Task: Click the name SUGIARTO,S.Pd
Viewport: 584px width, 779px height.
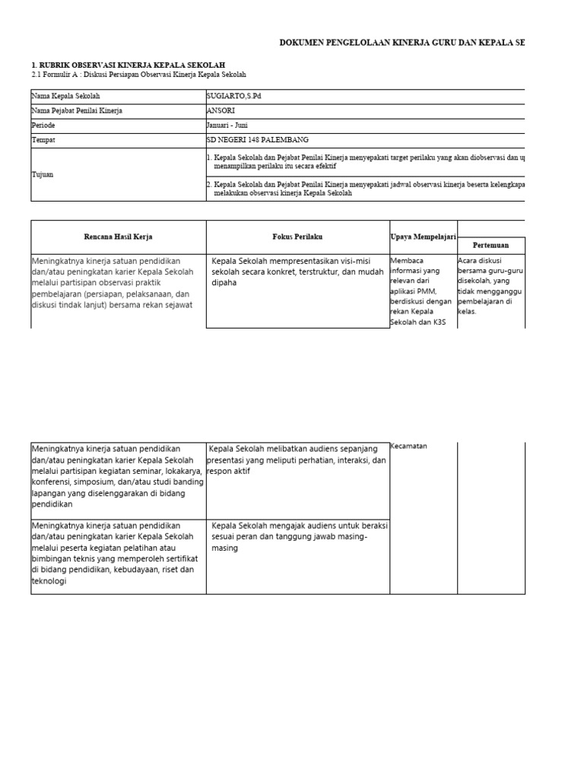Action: click(x=239, y=97)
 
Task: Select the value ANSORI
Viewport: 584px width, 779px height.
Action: click(x=221, y=111)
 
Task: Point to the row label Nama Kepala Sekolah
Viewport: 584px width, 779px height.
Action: click(x=66, y=97)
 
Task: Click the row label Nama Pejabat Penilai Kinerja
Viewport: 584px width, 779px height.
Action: click(x=77, y=111)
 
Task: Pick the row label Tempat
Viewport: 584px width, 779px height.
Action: click(x=44, y=140)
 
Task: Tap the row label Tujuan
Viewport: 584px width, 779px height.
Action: click(x=43, y=174)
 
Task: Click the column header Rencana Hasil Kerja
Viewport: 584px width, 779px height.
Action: click(x=118, y=237)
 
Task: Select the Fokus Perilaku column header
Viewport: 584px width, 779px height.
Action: click(x=297, y=237)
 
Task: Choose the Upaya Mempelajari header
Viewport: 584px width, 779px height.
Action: click(x=424, y=237)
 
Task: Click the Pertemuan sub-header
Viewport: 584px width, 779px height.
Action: click(x=490, y=246)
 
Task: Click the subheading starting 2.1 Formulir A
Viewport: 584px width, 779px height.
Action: click(x=138, y=75)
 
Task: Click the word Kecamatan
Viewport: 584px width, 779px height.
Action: click(x=408, y=446)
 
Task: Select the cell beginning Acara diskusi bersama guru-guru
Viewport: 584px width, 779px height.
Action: click(x=490, y=286)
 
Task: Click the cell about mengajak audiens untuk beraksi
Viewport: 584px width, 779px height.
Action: click(x=297, y=537)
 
